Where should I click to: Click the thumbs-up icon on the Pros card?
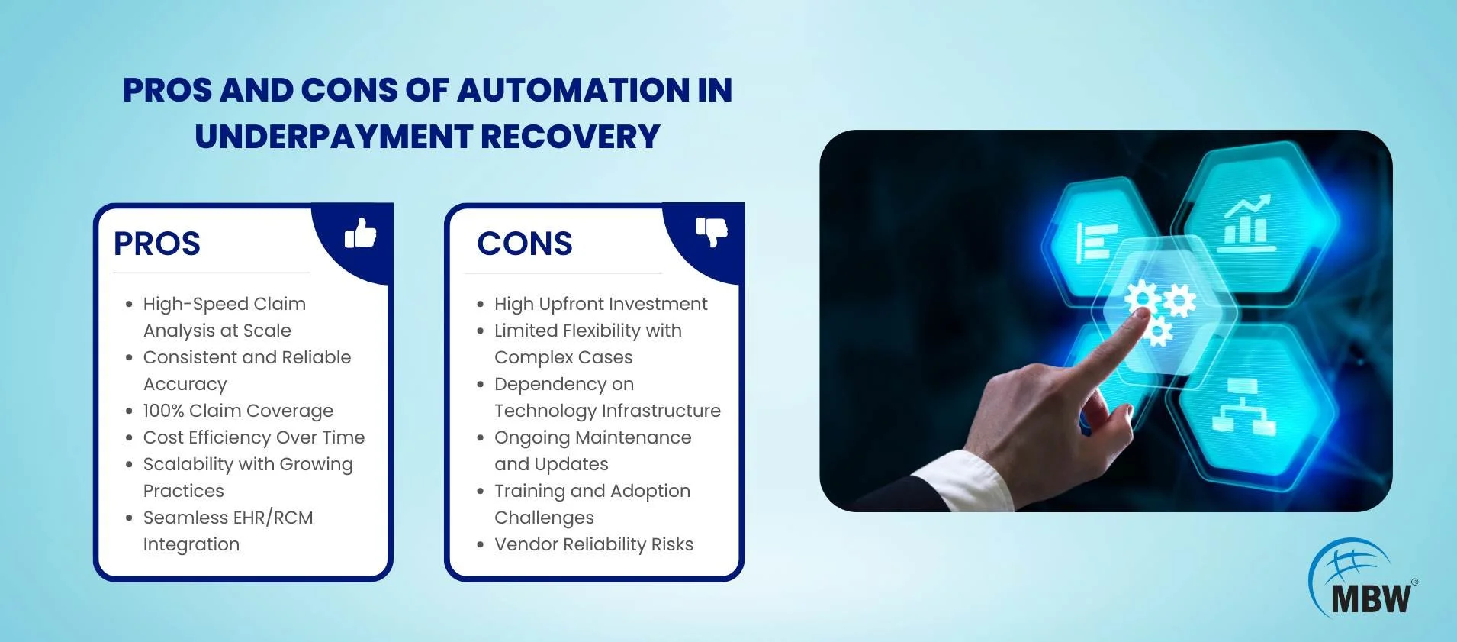(360, 233)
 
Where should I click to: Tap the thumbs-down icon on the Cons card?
(712, 232)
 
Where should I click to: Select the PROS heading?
(157, 244)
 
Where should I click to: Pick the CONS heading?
(525, 244)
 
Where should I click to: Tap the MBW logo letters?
(1371, 598)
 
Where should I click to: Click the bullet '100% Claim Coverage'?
(238, 411)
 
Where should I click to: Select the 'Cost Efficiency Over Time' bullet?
(254, 437)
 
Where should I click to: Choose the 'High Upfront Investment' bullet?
(601, 304)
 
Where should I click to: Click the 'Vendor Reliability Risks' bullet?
(594, 544)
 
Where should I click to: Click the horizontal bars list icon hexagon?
(1097, 242)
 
